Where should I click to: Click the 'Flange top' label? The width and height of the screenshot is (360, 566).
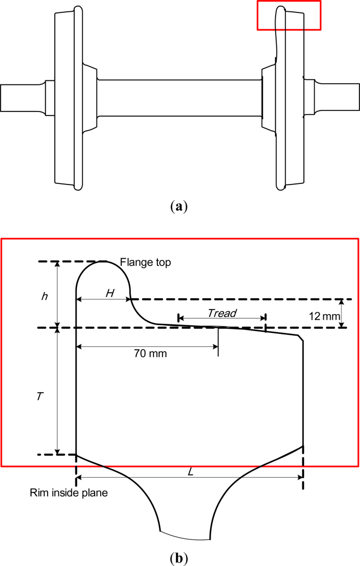(145, 263)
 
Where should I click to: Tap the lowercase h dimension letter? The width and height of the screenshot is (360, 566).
(44, 296)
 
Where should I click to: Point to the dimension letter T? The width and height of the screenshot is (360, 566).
(39, 397)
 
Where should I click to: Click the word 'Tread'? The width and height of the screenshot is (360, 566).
(221, 313)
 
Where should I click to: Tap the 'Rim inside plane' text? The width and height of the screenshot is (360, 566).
(68, 493)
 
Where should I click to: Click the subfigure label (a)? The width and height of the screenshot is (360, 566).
(179, 207)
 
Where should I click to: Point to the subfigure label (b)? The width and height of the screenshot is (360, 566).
(179, 558)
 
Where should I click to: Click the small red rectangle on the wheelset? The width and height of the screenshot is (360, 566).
(289, 15)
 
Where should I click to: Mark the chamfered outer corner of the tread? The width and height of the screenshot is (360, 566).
(302, 338)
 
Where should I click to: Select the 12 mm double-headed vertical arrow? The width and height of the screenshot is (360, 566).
(341, 313)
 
